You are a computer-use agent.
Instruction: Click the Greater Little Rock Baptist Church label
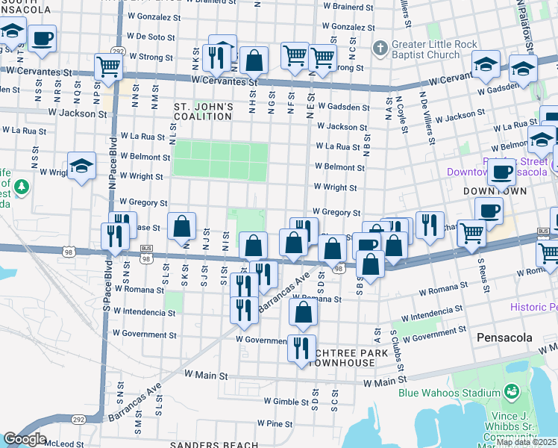tap(435, 49)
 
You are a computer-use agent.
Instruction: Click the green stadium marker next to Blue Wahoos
tap(512, 391)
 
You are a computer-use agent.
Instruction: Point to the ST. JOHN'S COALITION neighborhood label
tap(204, 112)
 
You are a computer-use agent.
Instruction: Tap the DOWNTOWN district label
tap(486, 191)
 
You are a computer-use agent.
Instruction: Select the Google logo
tap(25, 439)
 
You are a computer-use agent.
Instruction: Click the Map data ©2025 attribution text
tap(526, 442)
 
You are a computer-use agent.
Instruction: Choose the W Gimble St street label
tap(285, 400)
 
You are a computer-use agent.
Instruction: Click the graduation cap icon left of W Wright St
tap(81, 166)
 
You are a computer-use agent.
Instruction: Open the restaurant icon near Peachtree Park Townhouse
tap(301, 349)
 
